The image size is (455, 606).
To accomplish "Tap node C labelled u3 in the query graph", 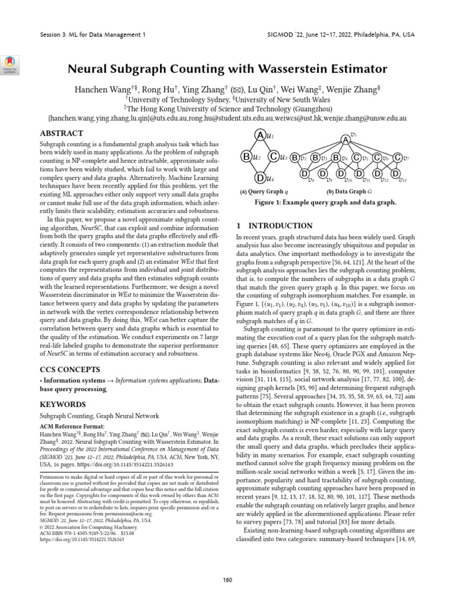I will coord(273,157).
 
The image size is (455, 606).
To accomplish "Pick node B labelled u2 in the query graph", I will coord(246,157).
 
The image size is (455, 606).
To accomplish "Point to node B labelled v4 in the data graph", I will coord(335,158).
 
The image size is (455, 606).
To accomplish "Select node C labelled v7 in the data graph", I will coord(398,158).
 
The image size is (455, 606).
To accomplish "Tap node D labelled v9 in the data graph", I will coord(322,174).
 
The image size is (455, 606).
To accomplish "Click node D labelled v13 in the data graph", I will coord(395,174).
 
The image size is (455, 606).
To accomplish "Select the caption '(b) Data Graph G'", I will coord(350,192).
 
